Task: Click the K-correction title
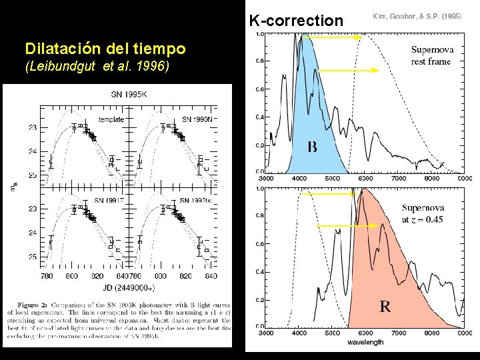click(x=296, y=20)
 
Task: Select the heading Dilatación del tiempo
click(x=105, y=49)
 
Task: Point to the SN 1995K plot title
click(x=129, y=94)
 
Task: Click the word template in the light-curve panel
click(x=110, y=119)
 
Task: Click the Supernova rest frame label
click(x=431, y=55)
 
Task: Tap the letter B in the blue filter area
click(x=312, y=146)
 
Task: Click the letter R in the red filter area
click(x=385, y=307)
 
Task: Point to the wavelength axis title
click(x=365, y=343)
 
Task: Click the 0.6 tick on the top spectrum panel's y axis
click(x=259, y=89)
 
